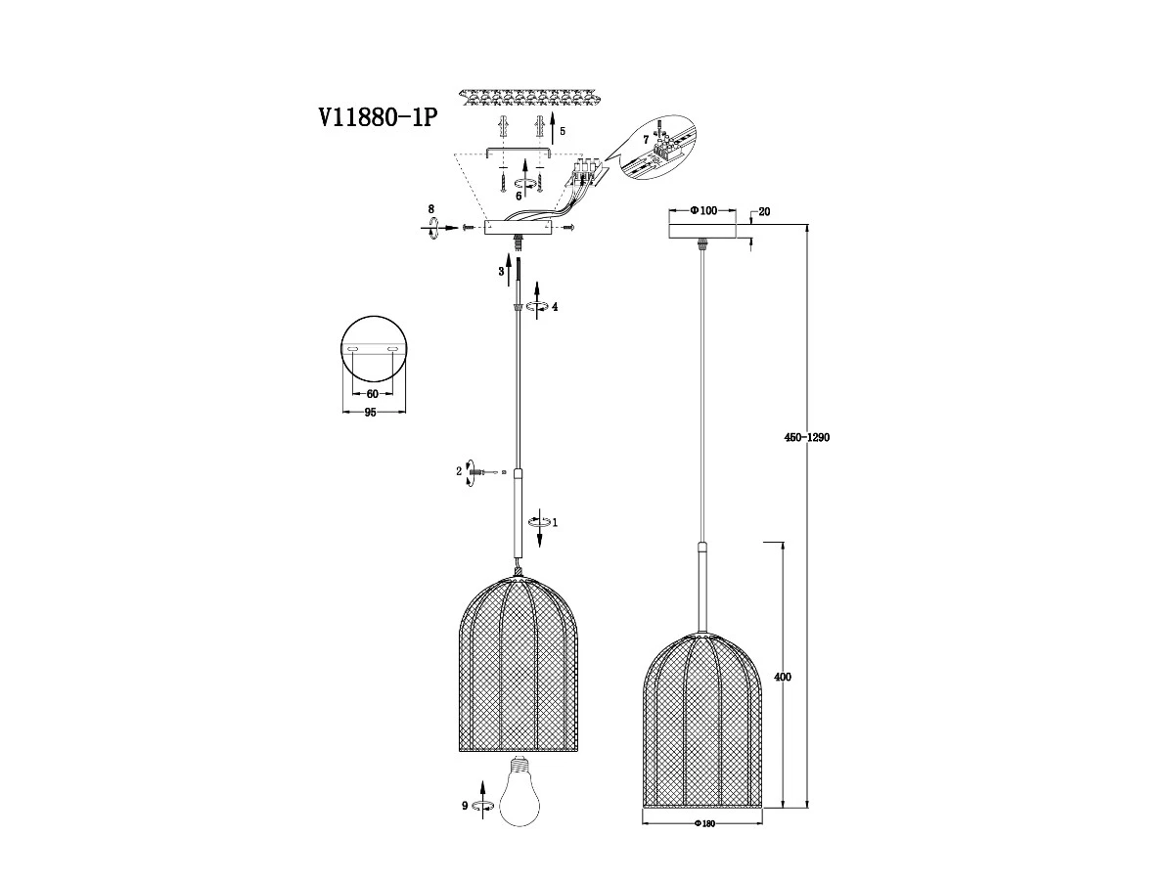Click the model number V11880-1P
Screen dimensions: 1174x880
pos(378,117)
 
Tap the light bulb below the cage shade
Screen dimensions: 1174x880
pos(519,798)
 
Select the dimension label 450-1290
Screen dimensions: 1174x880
pos(806,437)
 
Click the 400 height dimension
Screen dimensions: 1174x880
pos(783,677)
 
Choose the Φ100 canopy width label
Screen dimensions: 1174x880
pos(703,210)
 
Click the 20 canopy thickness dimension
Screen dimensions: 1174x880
pos(764,211)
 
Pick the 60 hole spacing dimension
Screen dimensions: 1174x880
pos(373,394)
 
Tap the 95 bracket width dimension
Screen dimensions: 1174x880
pos(370,412)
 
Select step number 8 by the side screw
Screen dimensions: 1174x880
pos(431,209)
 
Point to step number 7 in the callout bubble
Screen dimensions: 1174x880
pos(646,140)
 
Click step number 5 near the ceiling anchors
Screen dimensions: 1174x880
pos(563,131)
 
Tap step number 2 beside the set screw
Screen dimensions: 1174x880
pos(459,471)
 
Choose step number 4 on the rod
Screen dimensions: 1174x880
pos(555,307)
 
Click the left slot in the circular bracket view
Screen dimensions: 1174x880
pos(353,349)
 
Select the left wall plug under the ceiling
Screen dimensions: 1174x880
pos(502,128)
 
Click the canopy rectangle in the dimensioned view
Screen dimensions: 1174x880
pos(702,231)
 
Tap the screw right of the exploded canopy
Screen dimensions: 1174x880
pos(569,227)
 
